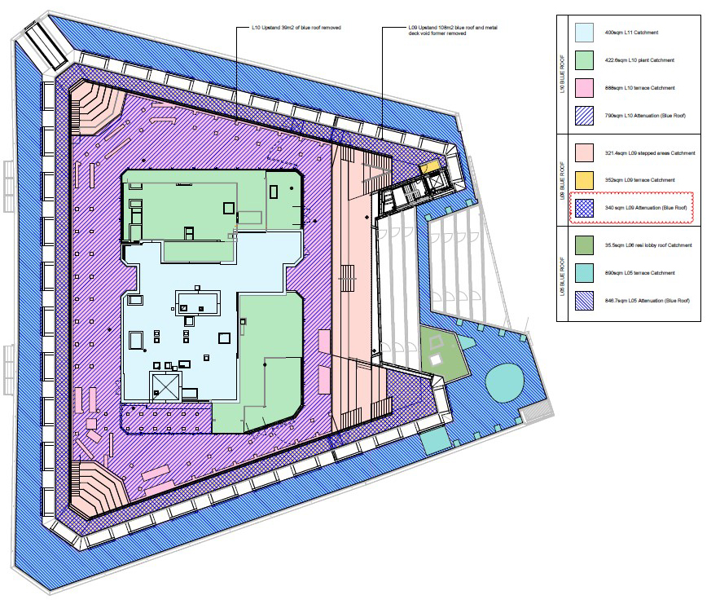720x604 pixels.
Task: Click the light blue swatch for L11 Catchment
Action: point(584,33)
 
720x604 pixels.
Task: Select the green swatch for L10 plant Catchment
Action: point(584,60)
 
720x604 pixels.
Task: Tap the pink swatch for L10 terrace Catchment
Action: point(584,88)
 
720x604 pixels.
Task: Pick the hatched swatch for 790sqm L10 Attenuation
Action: point(584,116)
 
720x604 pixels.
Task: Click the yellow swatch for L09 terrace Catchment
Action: point(584,179)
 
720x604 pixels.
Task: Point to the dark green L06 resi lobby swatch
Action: point(584,245)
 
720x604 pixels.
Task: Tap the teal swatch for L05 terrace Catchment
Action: point(584,273)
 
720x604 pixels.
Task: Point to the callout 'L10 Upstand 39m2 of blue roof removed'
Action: point(295,28)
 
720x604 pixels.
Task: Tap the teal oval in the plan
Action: point(506,380)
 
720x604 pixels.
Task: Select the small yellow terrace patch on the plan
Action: point(428,167)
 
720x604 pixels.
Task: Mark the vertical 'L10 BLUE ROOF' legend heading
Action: point(562,74)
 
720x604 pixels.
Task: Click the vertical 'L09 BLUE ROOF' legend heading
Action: point(562,180)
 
